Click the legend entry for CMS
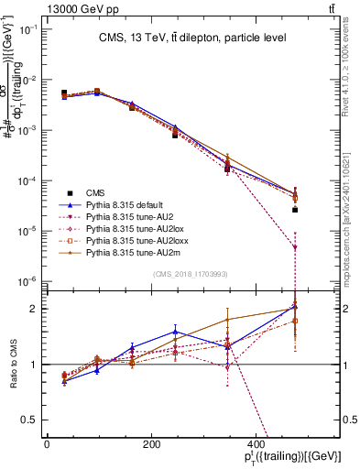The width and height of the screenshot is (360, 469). (x=95, y=192)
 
